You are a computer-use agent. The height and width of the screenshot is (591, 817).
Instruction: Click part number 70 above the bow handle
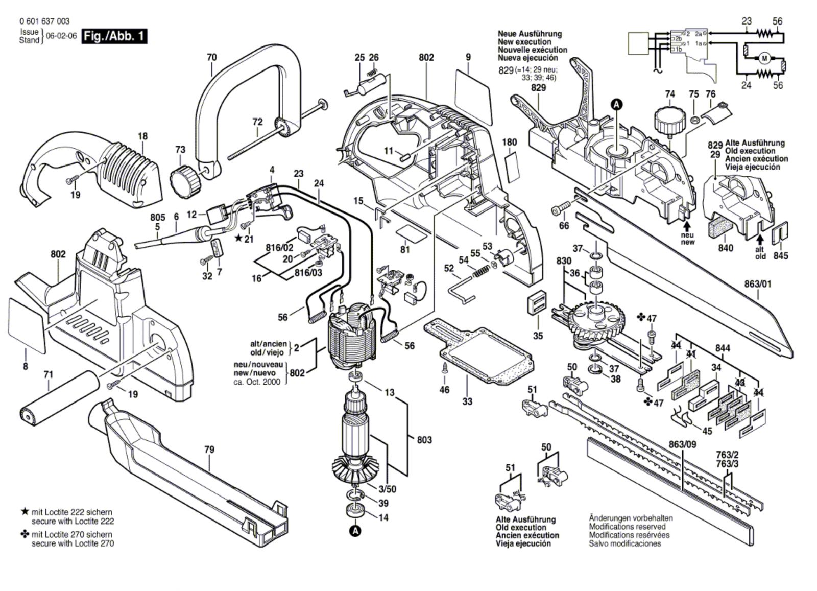pyautogui.click(x=211, y=57)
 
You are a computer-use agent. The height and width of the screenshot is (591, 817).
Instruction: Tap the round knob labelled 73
pyautogui.click(x=183, y=179)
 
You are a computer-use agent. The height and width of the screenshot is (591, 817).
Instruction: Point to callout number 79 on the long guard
pyautogui.click(x=209, y=450)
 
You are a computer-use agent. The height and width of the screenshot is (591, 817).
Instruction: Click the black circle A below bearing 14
pyautogui.click(x=355, y=531)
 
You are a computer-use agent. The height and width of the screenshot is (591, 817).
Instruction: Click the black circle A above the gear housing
pyautogui.click(x=617, y=105)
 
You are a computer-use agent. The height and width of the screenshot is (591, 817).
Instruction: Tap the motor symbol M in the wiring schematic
pyautogui.click(x=764, y=58)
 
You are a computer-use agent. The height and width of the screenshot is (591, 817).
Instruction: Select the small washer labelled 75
pyautogui.click(x=694, y=121)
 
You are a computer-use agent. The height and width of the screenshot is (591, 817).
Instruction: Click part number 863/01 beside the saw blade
pyautogui.click(x=758, y=283)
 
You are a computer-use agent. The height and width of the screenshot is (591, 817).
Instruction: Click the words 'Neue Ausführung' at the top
pyautogui.click(x=530, y=34)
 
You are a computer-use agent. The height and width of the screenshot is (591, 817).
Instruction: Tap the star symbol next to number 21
pyautogui.click(x=238, y=238)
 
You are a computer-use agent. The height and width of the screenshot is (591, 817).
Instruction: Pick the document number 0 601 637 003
pyautogui.click(x=44, y=21)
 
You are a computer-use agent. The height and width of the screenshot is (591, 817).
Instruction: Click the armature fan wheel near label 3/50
pyautogui.click(x=354, y=469)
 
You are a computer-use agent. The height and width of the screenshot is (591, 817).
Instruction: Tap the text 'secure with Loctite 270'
pyautogui.click(x=73, y=543)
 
